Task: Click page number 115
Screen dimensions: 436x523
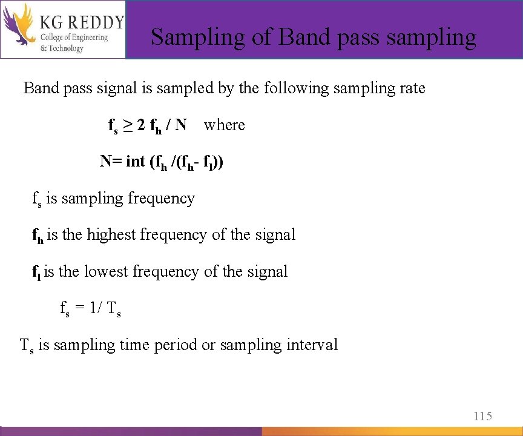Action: [482, 416]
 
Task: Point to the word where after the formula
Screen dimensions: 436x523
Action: [225, 125]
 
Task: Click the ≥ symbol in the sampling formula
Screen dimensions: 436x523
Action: [128, 125]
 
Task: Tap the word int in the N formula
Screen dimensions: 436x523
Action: [136, 162]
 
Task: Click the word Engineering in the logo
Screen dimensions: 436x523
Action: [88, 38]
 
